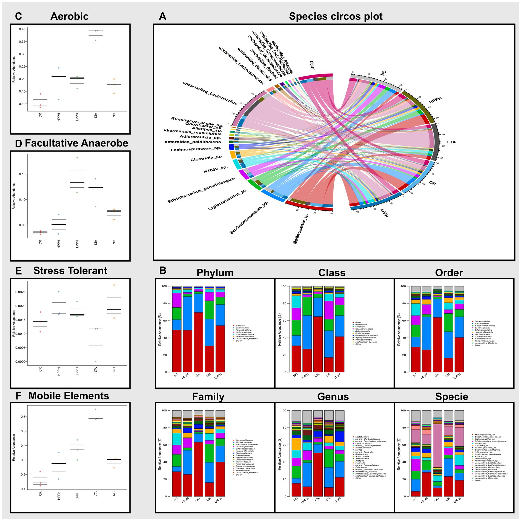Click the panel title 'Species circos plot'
[336, 16]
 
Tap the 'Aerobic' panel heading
[69, 16]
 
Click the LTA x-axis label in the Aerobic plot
[96, 115]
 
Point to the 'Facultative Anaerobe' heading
[76, 143]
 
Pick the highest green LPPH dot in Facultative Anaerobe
[77, 158]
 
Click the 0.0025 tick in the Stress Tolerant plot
[21, 292]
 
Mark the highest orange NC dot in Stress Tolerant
[114, 285]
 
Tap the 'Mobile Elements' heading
[68, 396]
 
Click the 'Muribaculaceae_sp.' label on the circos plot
[300, 229]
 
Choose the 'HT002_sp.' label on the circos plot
[215, 170]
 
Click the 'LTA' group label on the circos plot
[451, 142]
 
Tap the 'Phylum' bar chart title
[215, 273]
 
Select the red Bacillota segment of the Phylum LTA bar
[198, 342]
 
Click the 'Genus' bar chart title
[333, 397]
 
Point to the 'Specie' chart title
[452, 397]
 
